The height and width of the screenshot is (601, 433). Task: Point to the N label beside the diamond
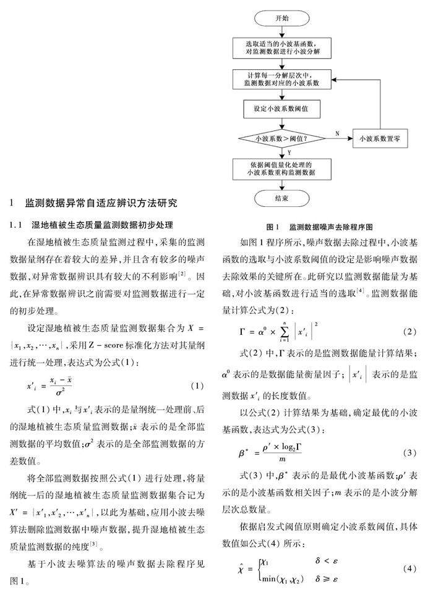coord(337,132)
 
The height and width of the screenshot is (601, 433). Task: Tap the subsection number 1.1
coord(19,224)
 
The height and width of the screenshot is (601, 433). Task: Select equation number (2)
coord(409,332)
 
